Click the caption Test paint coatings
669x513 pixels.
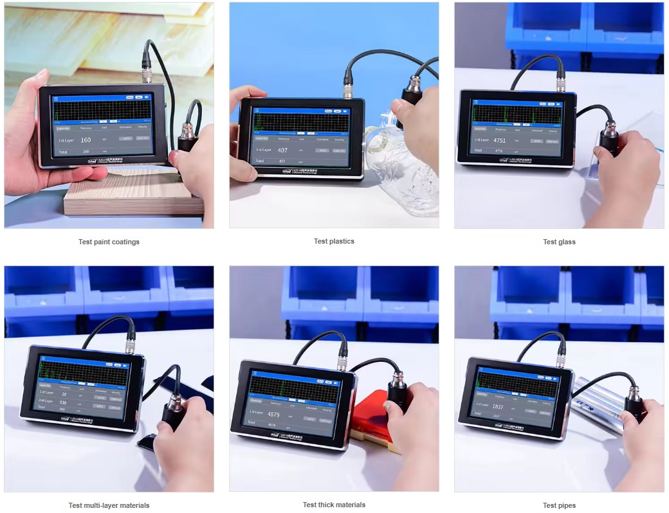pos(109,242)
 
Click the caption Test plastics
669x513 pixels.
pos(334,241)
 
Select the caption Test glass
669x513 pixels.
pos(559,242)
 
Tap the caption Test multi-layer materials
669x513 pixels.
pos(109,505)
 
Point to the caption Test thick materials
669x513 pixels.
pos(334,505)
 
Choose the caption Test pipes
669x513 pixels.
pos(559,505)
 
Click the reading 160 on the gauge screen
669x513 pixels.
pos(86,139)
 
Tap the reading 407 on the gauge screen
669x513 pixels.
pos(282,150)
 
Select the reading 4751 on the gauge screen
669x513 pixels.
pos(499,140)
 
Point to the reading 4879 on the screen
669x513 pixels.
pos(273,414)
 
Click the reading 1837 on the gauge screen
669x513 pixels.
pos(498,406)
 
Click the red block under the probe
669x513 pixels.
pos(367,418)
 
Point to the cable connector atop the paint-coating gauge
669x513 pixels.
pos(147,73)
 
